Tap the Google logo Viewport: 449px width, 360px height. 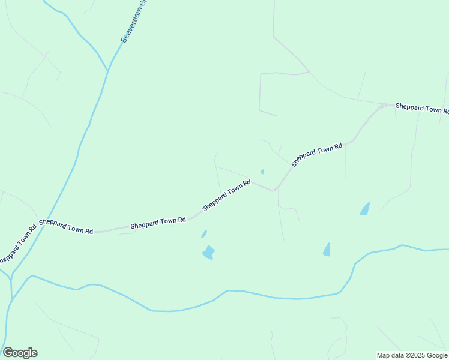point(20,353)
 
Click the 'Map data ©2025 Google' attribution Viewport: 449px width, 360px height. point(412,355)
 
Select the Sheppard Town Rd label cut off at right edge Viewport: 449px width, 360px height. point(422,108)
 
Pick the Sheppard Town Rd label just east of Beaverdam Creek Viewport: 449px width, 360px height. point(66,226)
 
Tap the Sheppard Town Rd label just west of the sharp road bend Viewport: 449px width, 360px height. point(226,196)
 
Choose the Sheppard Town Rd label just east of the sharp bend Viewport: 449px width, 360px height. point(316,154)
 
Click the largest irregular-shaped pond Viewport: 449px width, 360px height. point(208,253)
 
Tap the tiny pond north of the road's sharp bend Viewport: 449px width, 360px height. point(262,172)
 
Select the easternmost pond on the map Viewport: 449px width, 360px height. point(364,209)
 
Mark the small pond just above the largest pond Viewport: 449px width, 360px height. point(204,234)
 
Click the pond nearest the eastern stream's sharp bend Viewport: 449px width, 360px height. point(327,250)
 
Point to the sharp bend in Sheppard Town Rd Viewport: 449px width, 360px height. point(274,190)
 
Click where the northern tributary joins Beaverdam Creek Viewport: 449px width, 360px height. point(108,71)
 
